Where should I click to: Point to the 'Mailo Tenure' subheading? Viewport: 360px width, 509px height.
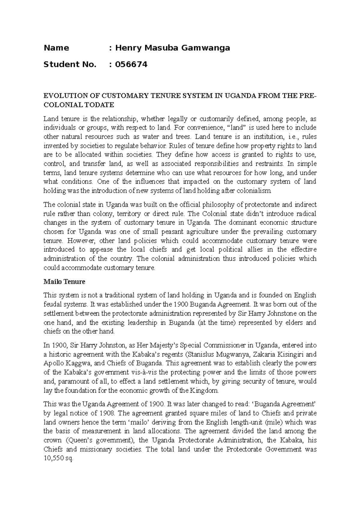click(64, 282)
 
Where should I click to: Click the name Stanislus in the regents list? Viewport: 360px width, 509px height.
click(200, 354)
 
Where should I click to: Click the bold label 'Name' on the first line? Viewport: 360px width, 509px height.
click(56, 48)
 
